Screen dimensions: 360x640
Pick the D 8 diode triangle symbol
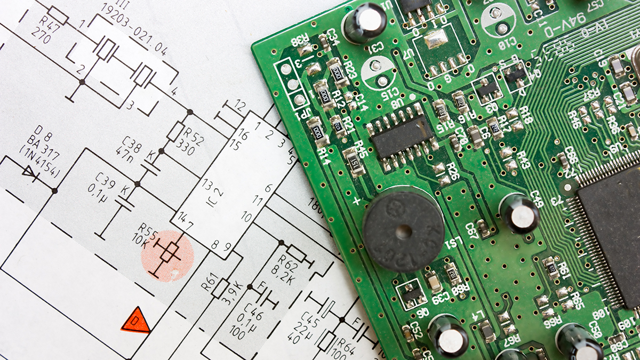(x=29, y=171)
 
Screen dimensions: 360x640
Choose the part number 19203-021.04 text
(x=133, y=29)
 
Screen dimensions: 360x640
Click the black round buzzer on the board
(x=403, y=230)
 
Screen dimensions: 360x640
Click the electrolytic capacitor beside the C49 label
(x=519, y=213)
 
